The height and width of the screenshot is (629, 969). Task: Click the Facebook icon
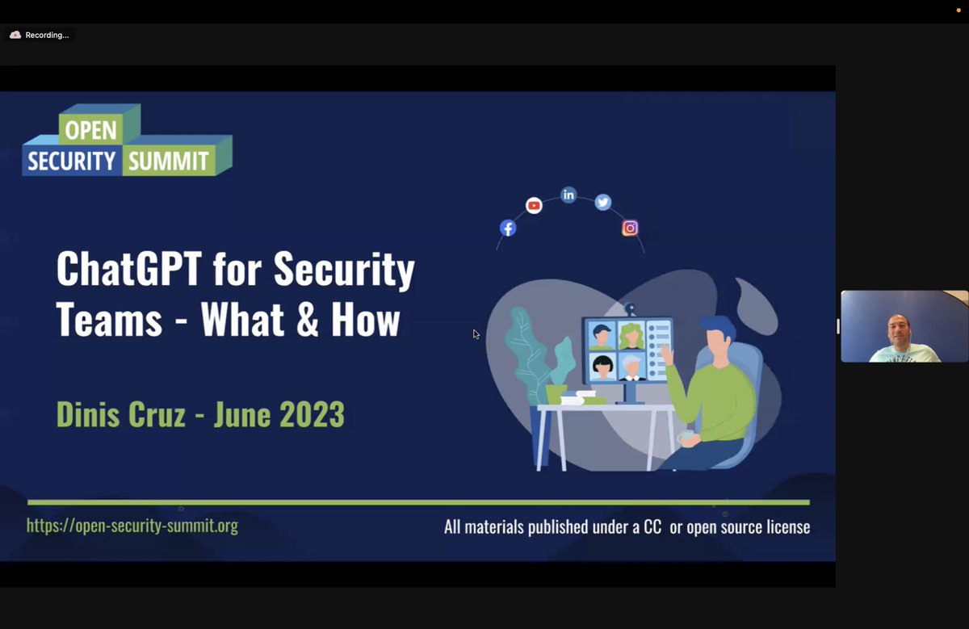(508, 228)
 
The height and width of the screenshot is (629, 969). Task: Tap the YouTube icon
(534, 206)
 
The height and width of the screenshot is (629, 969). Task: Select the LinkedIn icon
(568, 195)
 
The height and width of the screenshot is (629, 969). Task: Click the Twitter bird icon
(603, 203)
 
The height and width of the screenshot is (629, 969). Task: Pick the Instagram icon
(630, 229)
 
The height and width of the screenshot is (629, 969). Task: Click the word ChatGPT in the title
(129, 270)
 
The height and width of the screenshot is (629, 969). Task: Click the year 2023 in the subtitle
(312, 414)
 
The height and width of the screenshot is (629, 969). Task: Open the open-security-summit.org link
(132, 526)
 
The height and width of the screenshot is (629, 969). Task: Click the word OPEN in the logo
(90, 131)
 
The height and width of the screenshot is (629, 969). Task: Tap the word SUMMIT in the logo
(169, 161)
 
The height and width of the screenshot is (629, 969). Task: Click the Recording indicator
(40, 35)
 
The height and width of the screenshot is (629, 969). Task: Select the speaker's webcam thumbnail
(904, 326)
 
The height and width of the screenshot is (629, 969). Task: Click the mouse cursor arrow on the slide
(476, 333)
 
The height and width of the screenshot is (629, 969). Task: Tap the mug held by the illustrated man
(687, 436)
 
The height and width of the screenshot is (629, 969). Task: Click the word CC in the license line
(652, 527)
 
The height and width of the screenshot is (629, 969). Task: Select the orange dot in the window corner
(959, 10)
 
